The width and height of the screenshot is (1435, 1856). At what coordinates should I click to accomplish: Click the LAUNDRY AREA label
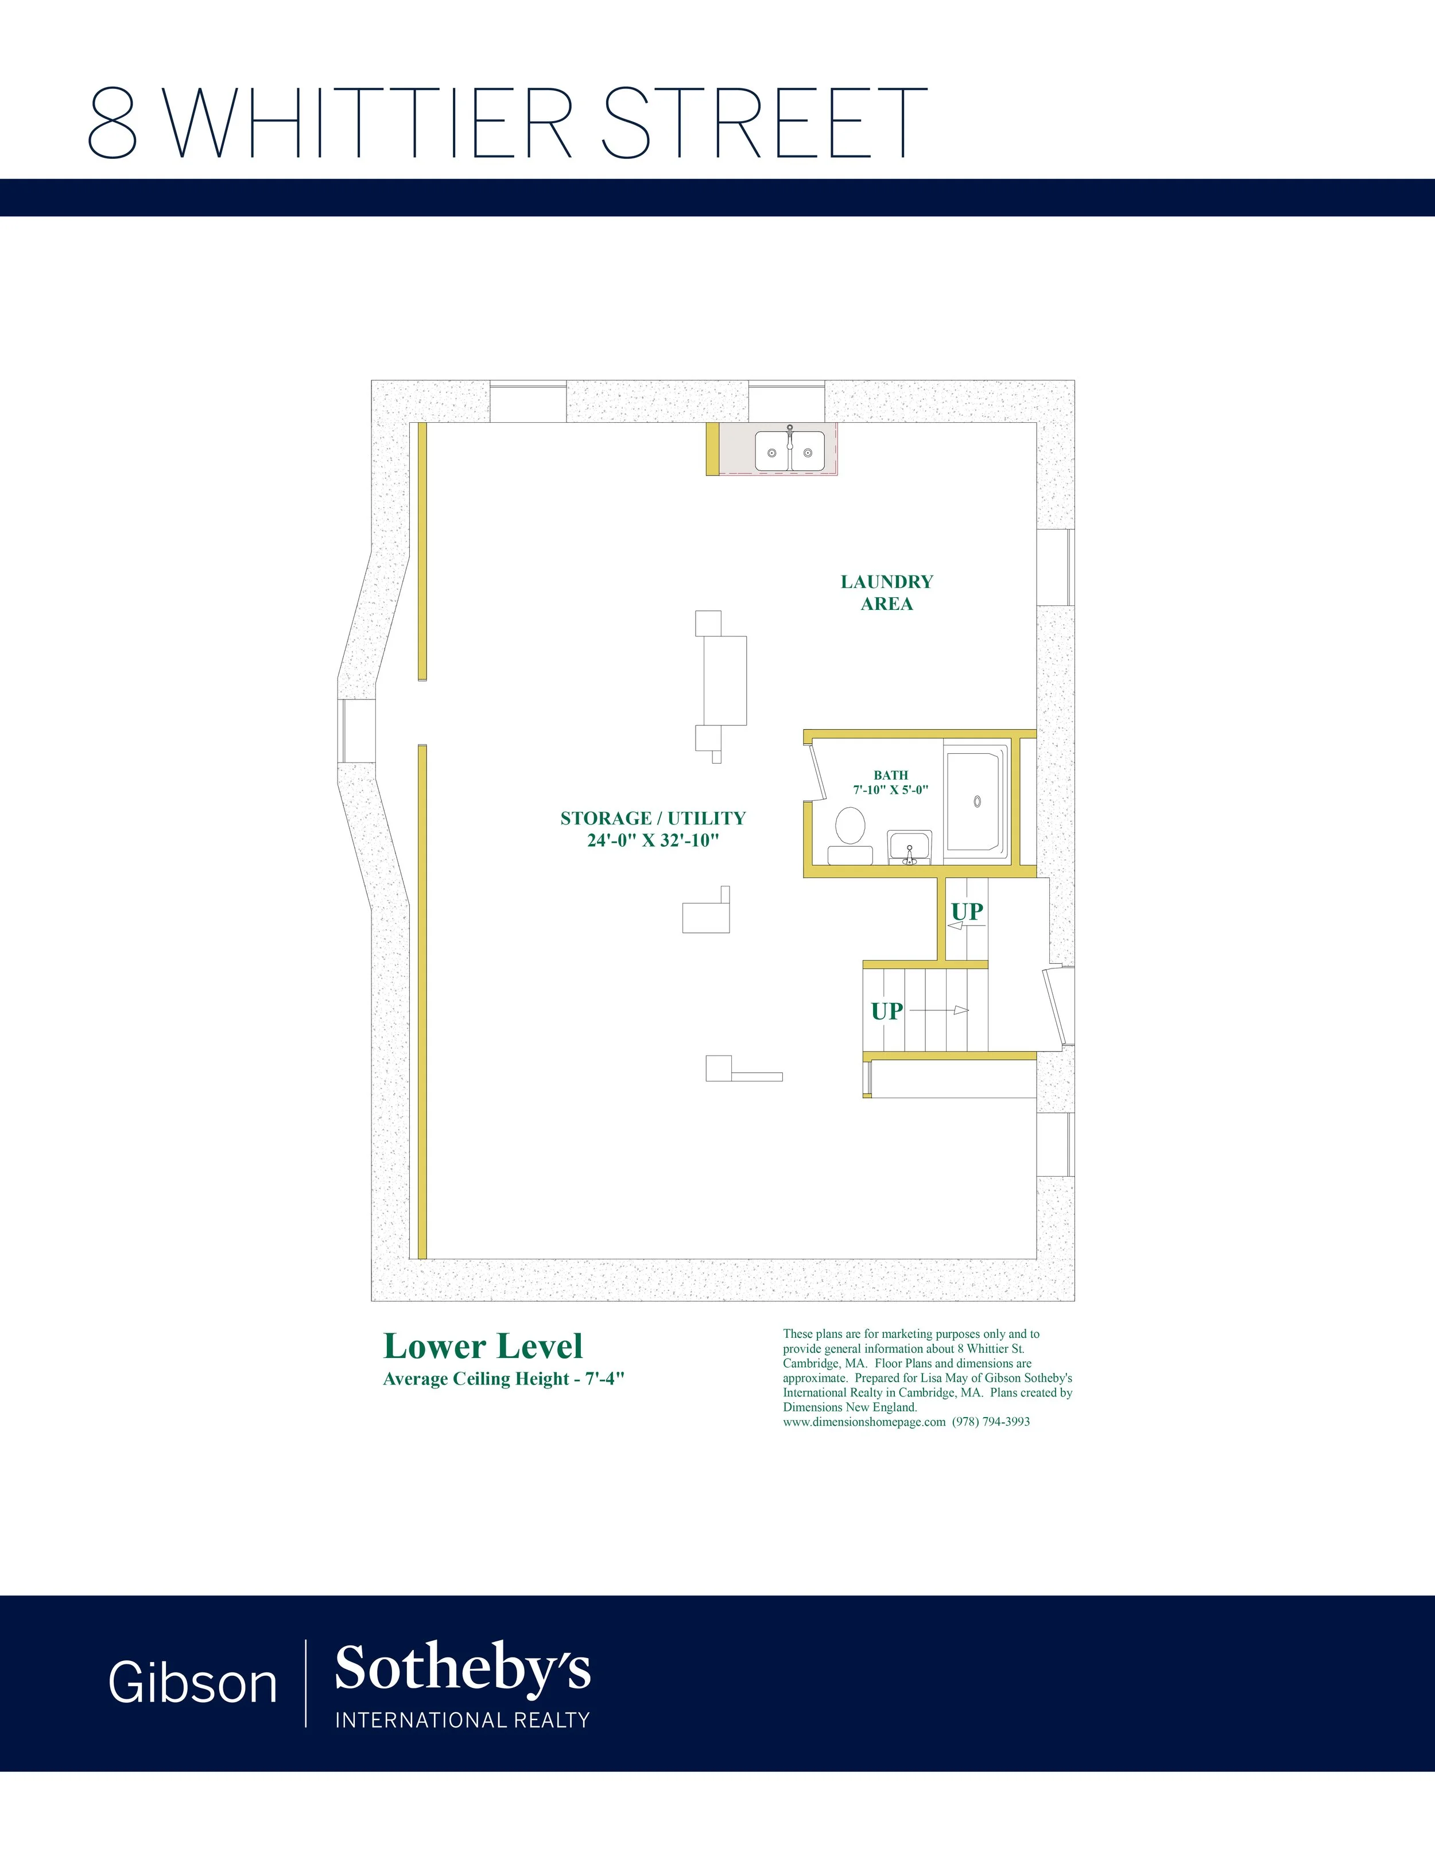(x=887, y=592)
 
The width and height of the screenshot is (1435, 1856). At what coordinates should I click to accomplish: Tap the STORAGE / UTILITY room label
(x=653, y=818)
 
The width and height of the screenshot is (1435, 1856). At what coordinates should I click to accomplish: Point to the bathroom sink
(x=910, y=847)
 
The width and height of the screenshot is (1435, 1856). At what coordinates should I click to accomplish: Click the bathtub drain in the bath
(x=978, y=800)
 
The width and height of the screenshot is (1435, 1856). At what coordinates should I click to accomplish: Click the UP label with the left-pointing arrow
(x=967, y=911)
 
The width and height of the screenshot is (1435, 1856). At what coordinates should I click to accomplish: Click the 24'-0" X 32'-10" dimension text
(x=653, y=841)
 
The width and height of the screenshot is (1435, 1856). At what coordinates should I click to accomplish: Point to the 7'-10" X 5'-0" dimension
(x=891, y=789)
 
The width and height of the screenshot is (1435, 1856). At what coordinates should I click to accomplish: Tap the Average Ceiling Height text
(x=503, y=1379)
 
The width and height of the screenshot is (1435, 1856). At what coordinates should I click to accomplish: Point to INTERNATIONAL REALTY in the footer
(x=463, y=1720)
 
